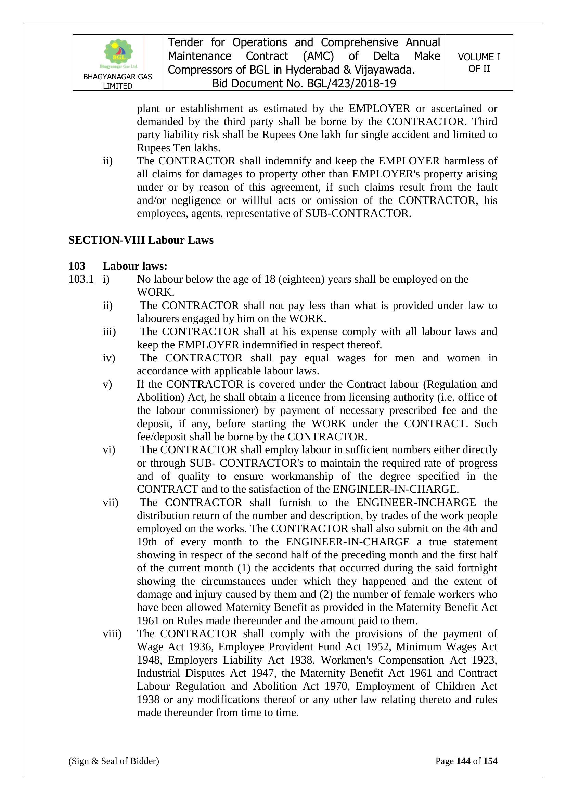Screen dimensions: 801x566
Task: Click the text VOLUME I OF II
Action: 479,63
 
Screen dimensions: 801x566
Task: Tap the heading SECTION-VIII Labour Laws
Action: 141,240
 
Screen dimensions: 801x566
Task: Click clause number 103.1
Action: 81,279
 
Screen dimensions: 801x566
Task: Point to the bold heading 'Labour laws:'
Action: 135,266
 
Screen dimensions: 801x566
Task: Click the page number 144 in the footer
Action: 463,761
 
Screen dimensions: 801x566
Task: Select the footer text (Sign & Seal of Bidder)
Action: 114,761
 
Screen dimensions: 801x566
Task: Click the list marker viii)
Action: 112,634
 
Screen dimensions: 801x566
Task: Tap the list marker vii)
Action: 111,503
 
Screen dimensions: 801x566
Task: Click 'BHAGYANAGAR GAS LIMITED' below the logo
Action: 117,81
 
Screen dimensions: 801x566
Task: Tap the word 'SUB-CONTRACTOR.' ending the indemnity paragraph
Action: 358,213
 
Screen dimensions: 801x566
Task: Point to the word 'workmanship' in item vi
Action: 302,476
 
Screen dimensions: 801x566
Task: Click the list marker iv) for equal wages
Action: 109,358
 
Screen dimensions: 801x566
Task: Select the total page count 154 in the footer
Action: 490,761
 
